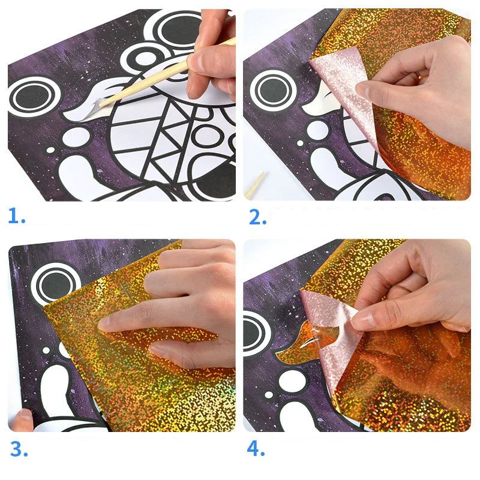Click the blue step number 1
pos(16,215)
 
